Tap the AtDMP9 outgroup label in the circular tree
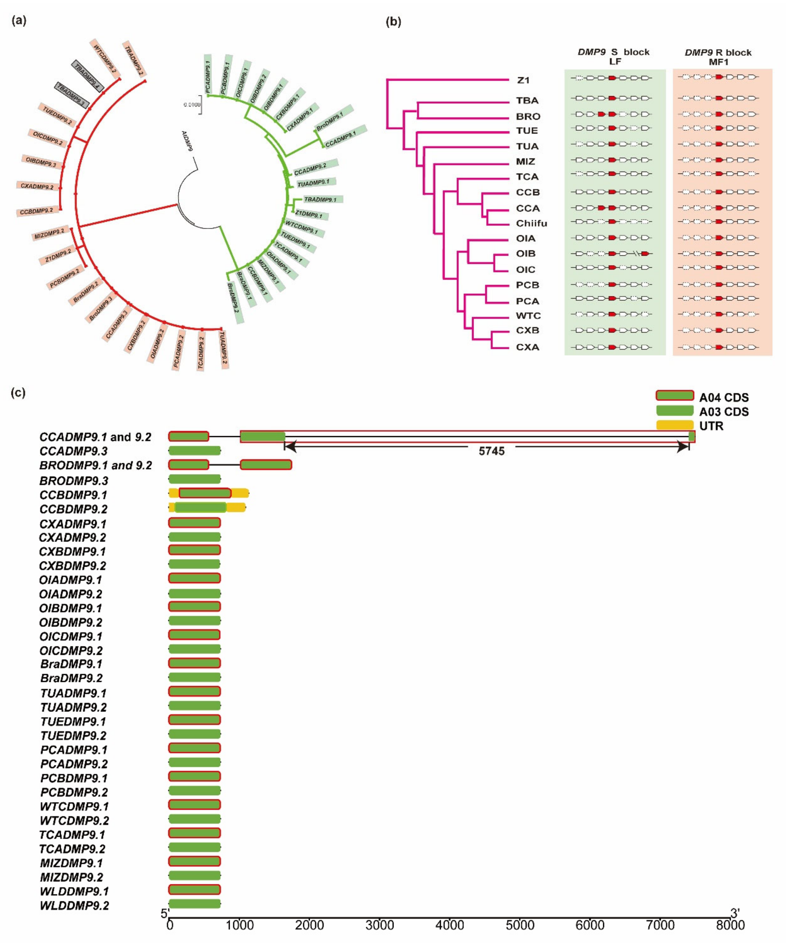click(x=187, y=141)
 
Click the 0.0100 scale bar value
click(x=192, y=105)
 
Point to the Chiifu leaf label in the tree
click(x=531, y=223)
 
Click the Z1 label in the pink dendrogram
click(x=523, y=80)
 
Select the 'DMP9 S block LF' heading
click(x=614, y=57)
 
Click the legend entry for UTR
click(x=711, y=426)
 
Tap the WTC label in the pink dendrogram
click(x=528, y=316)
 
